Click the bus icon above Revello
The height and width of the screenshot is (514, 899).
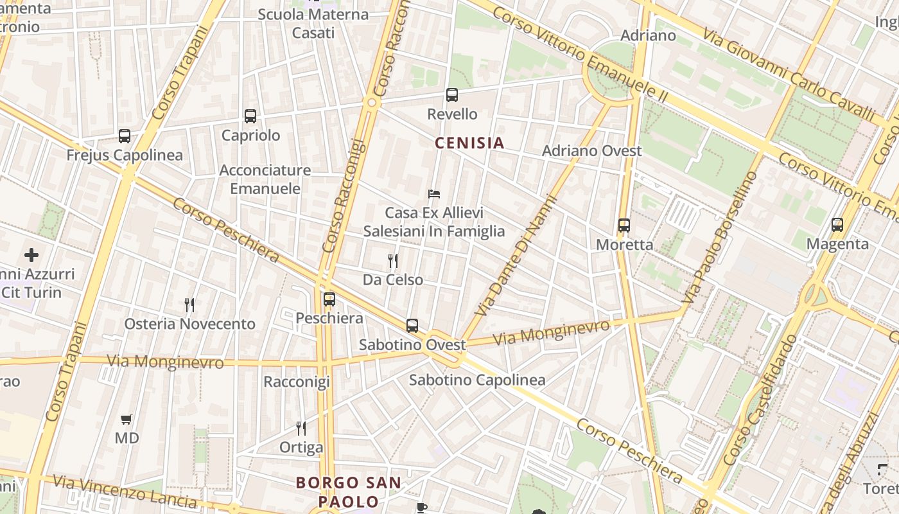[x=452, y=95]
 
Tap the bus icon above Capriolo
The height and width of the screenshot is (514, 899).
[x=250, y=116]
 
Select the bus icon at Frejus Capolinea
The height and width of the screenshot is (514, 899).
[x=125, y=136]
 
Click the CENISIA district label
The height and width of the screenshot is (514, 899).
[x=469, y=143]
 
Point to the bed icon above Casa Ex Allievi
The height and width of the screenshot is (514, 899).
[x=434, y=193]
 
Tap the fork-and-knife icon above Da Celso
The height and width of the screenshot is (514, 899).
[x=393, y=260]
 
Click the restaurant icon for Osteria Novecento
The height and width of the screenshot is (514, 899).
[x=189, y=305]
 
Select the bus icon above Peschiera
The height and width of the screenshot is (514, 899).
[x=329, y=299]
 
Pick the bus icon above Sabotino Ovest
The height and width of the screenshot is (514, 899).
[x=412, y=326]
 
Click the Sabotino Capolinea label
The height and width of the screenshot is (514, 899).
[x=477, y=380]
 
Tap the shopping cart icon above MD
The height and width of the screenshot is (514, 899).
[x=127, y=419]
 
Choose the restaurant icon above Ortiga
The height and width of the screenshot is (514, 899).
[x=301, y=428]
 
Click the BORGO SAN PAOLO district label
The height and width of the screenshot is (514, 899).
[x=349, y=492]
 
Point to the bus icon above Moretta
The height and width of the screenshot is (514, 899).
[x=624, y=226]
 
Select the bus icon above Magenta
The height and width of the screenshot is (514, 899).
[x=837, y=225]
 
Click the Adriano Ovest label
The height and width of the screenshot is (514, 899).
[x=591, y=151]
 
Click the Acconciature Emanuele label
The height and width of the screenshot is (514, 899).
[x=265, y=179]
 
